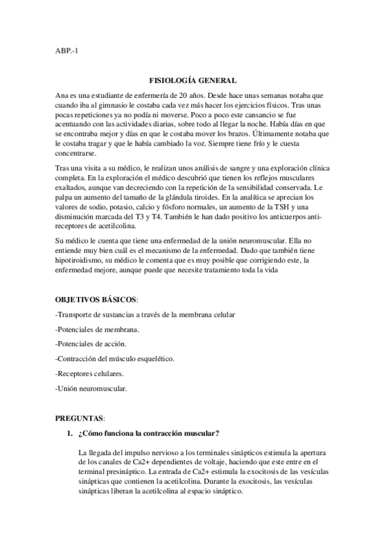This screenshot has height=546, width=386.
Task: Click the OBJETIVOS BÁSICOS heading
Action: click(96, 300)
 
